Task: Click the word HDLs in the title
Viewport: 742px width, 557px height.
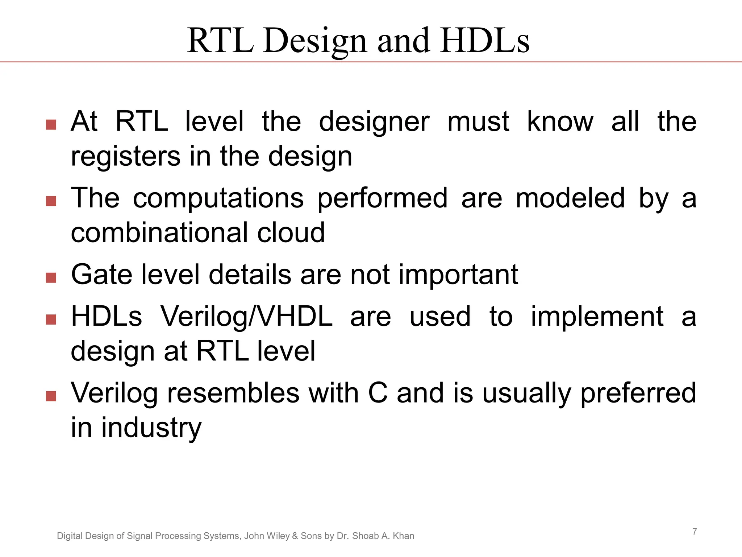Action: (484, 40)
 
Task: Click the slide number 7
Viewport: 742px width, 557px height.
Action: (695, 532)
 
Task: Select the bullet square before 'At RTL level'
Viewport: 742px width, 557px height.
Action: (51, 125)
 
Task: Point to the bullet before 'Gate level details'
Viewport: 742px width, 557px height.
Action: (51, 278)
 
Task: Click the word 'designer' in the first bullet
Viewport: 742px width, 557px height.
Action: (374, 122)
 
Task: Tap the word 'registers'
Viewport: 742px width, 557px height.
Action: (125, 157)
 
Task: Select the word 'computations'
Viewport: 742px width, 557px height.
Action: (218, 198)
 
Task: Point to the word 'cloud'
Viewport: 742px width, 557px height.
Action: (291, 233)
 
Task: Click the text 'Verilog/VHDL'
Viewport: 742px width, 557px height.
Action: (246, 317)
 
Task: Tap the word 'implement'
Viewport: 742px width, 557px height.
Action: (597, 317)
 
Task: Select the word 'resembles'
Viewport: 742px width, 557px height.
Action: (233, 393)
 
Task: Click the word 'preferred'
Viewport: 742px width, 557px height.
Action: (638, 393)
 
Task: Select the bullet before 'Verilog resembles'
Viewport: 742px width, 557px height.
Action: (51, 396)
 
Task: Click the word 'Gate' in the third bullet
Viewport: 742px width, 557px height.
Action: (102, 275)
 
